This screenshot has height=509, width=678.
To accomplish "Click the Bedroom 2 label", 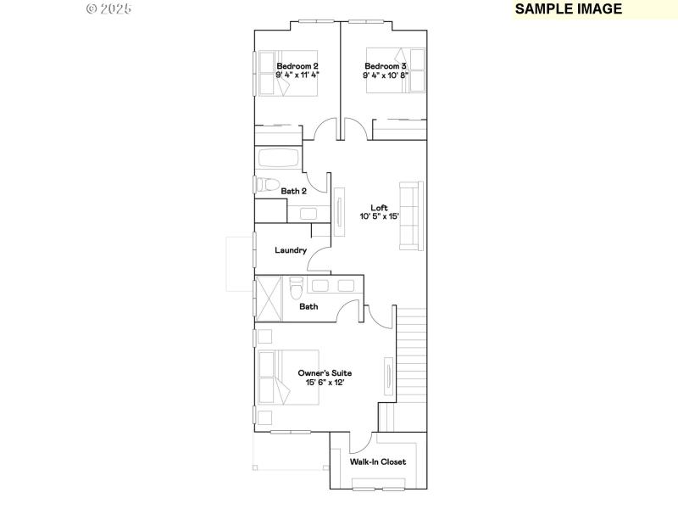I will [x=297, y=65].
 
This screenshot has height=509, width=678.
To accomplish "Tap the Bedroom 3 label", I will [x=386, y=65].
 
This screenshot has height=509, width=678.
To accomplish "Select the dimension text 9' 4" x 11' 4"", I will [x=297, y=75].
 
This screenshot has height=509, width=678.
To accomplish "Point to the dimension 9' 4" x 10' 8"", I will [x=386, y=75].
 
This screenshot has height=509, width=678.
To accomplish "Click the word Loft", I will [x=379, y=207].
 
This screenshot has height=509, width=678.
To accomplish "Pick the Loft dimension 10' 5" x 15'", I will [x=379, y=216].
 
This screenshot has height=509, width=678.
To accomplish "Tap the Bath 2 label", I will [x=293, y=192].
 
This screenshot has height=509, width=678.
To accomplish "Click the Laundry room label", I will [x=291, y=250].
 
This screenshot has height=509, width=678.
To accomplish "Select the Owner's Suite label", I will [x=325, y=373].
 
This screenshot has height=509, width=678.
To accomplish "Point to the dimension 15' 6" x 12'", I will [x=325, y=383].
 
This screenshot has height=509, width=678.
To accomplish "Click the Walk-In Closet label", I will [x=378, y=462].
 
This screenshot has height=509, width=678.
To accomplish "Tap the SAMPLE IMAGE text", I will [x=568, y=9].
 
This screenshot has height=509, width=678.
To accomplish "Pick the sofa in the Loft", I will [x=411, y=215].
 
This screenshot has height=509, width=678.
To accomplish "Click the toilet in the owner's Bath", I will [x=295, y=288].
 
